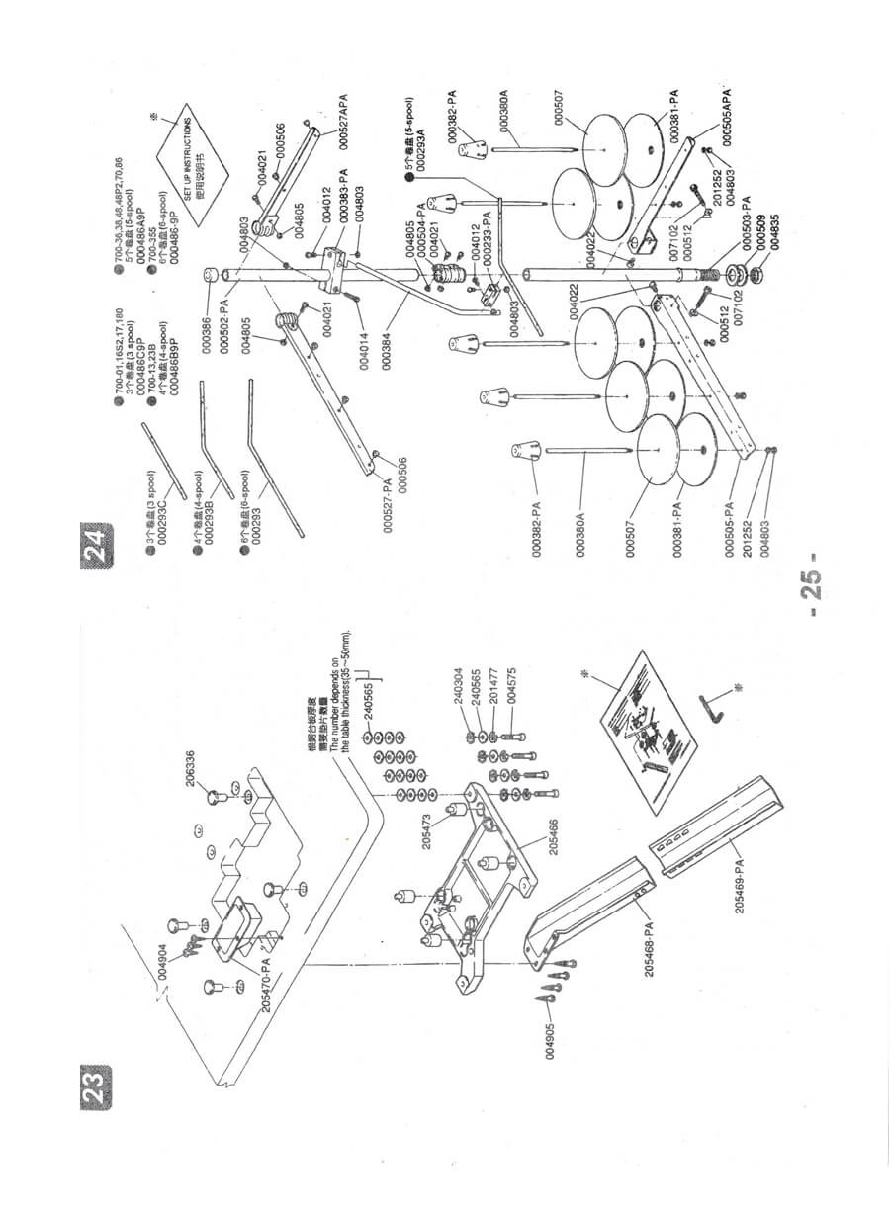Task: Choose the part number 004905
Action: click(551, 1034)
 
